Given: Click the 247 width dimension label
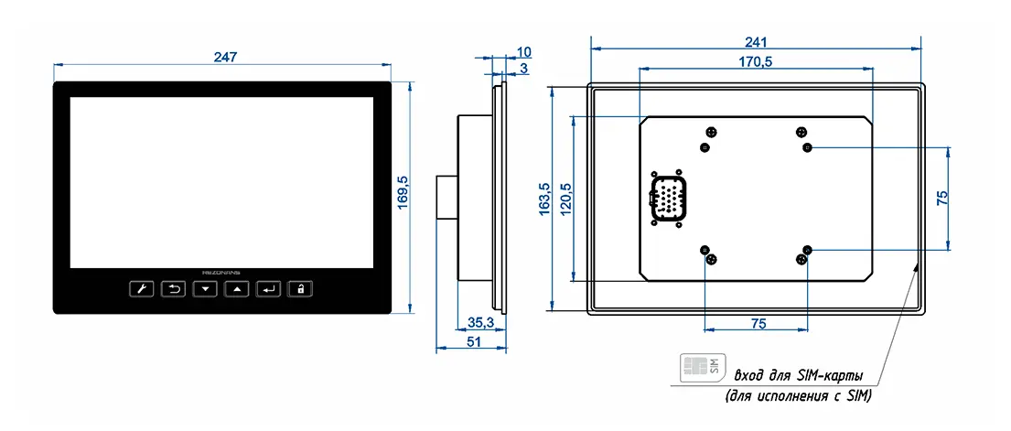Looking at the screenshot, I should [225, 57].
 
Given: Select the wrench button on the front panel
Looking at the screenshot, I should [141, 290].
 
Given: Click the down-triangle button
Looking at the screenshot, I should [205, 290].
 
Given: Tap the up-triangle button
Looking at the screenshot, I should [236, 290].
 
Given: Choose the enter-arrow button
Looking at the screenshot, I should [268, 290].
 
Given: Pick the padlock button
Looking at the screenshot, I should [299, 290].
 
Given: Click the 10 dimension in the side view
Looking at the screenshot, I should [524, 51].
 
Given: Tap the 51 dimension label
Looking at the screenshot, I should [475, 341].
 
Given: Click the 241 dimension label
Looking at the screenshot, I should [755, 41].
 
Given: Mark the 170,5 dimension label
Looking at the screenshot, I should [756, 61].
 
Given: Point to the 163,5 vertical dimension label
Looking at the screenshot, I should [544, 198].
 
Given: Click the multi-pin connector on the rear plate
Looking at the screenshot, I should [665, 198].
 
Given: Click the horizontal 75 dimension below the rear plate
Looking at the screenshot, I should [758, 323].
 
